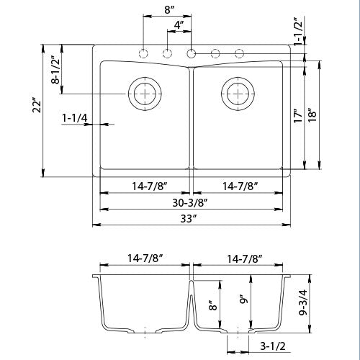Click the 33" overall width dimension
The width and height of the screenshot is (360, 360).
tap(192, 218)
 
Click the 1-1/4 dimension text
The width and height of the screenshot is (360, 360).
tap(76, 116)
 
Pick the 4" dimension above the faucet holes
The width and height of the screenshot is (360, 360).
tap(179, 24)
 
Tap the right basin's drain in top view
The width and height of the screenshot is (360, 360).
tap(238, 91)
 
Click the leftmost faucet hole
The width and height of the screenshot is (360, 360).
tap(144, 53)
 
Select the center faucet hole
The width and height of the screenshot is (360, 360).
tap(192, 53)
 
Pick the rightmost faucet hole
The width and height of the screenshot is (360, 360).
tap(239, 53)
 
